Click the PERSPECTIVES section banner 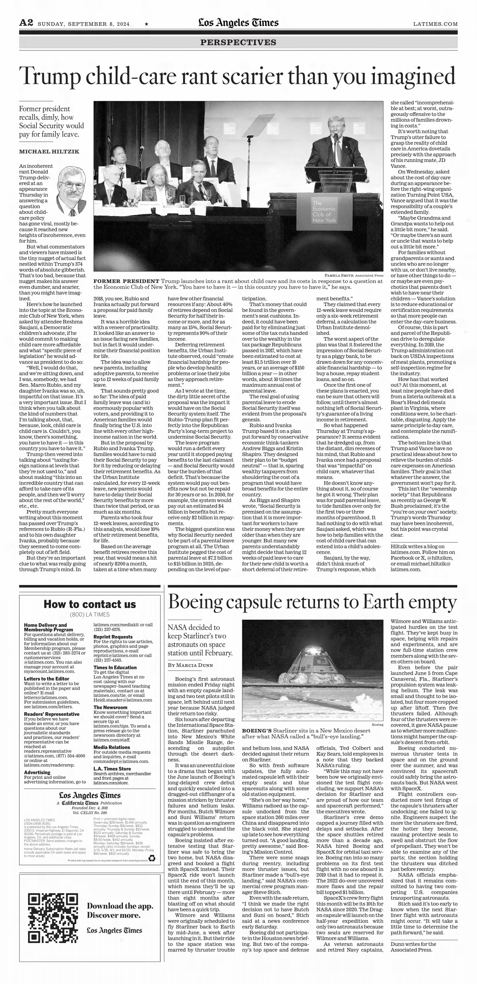point(238,42)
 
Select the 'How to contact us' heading point(90,604)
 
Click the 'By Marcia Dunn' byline point(190,665)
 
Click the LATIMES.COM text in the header point(435,24)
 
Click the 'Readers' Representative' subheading point(52,714)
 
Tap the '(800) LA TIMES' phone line point(90,615)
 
